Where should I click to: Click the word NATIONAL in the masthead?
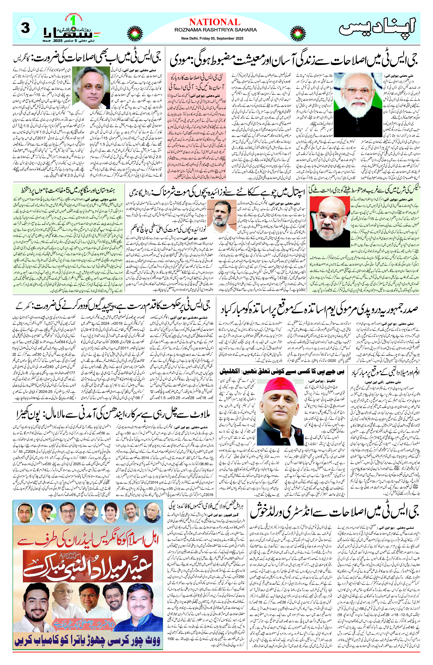[x=215, y=22]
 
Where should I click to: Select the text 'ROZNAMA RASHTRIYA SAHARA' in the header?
[x=215, y=30]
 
